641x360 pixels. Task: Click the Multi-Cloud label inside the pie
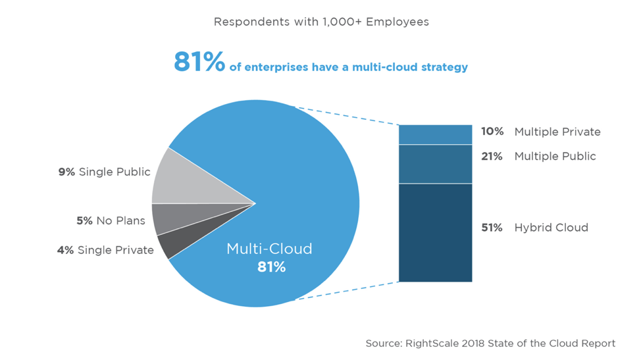[x=269, y=249]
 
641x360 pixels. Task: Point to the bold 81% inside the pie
[x=271, y=267]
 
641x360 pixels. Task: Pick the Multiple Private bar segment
[x=435, y=134]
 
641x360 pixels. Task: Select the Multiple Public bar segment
[x=435, y=164]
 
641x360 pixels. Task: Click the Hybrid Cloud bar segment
[x=435, y=232]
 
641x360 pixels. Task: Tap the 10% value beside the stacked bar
[x=492, y=132]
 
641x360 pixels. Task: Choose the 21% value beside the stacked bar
[x=492, y=156]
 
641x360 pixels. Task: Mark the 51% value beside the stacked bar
[x=492, y=228]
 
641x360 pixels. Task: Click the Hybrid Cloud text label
[x=551, y=228]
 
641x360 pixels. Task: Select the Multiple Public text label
[x=555, y=156]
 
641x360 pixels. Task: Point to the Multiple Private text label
[x=557, y=132]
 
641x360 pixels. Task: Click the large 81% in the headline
[x=199, y=63]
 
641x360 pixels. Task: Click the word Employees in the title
[x=398, y=22]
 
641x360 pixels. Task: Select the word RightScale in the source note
[x=436, y=343]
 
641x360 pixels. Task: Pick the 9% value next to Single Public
[x=67, y=172]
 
